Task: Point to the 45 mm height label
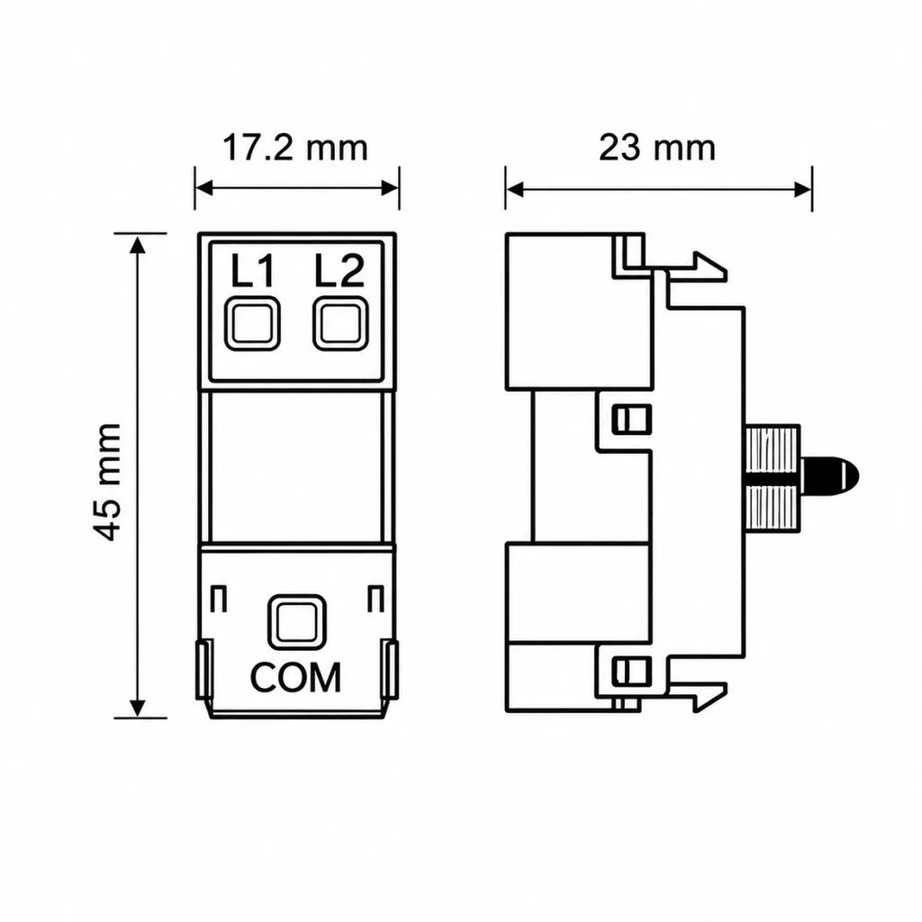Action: (108, 482)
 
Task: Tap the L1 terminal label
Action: (252, 270)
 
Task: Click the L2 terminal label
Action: (339, 270)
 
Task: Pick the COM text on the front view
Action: (295, 677)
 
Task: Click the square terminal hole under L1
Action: (253, 324)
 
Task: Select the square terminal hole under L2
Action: (340, 324)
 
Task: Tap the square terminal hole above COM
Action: (297, 622)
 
